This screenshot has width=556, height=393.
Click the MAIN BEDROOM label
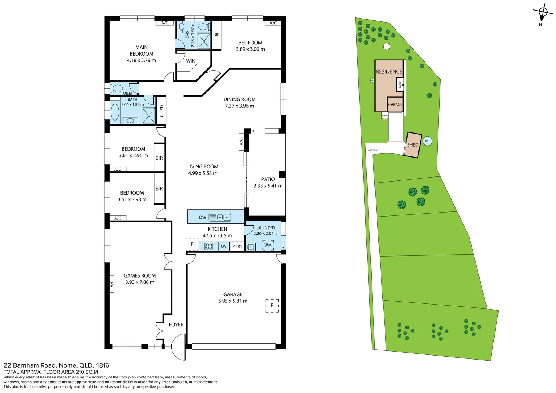(x=142, y=51)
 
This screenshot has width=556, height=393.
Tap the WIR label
(x=190, y=61)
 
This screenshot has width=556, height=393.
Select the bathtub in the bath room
(x=115, y=112)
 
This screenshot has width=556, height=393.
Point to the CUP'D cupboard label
(x=162, y=111)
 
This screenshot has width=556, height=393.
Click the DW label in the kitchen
(x=203, y=217)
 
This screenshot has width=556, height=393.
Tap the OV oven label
(x=223, y=246)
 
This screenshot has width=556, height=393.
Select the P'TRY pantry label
(x=237, y=246)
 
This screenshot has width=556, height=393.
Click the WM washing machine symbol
(x=268, y=245)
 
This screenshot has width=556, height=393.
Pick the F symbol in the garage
(x=272, y=306)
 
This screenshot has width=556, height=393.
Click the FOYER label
(x=176, y=325)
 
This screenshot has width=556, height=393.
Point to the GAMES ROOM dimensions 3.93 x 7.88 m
(x=140, y=282)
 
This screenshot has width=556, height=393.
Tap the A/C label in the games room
(x=112, y=283)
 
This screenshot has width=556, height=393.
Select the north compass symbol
(x=543, y=13)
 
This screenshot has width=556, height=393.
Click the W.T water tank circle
(x=428, y=141)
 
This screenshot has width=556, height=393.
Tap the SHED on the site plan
(x=413, y=145)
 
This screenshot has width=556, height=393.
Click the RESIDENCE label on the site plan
(x=389, y=71)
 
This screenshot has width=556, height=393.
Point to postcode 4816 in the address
(x=102, y=365)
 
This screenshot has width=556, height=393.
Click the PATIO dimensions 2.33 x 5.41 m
(x=268, y=186)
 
